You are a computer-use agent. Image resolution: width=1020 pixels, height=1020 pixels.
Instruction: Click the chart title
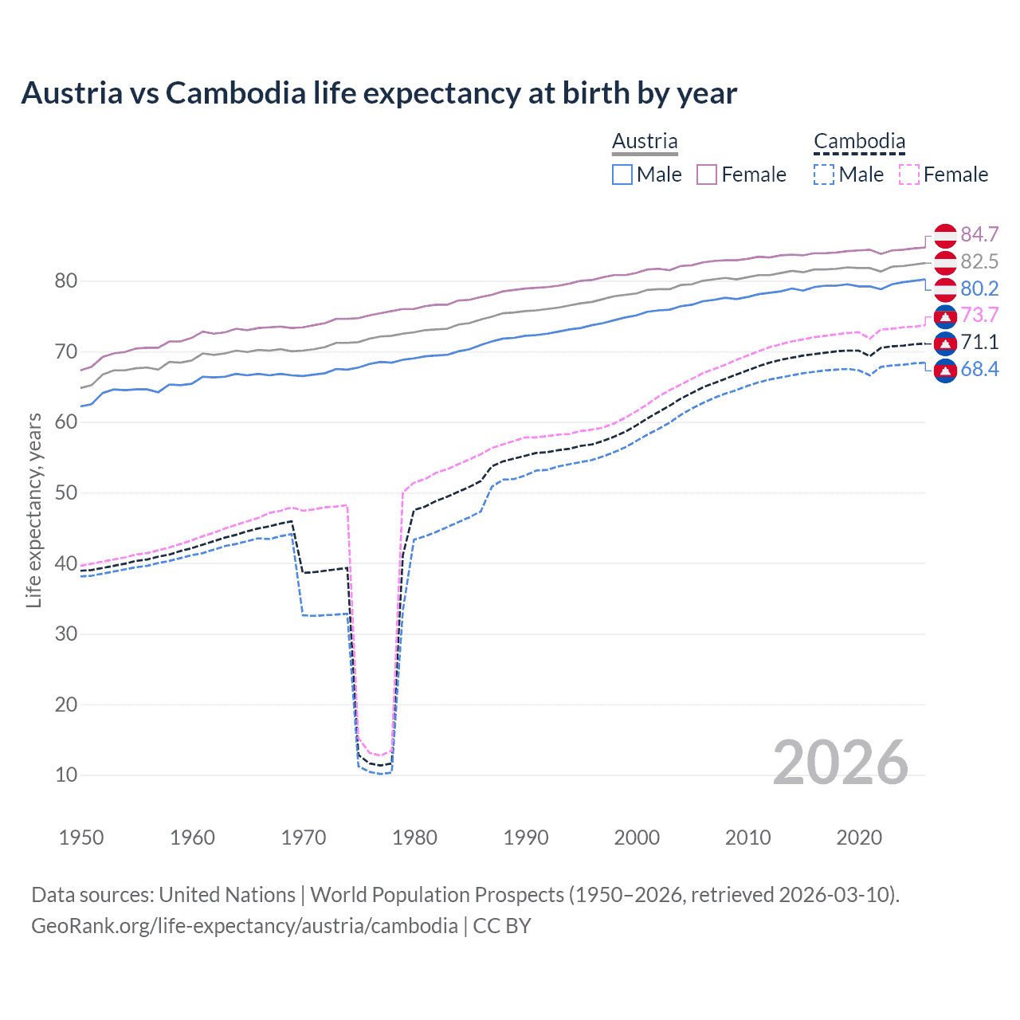(379, 93)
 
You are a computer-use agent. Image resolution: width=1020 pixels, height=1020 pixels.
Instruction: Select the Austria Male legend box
(622, 175)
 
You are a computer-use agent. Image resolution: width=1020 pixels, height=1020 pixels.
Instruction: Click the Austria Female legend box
(707, 175)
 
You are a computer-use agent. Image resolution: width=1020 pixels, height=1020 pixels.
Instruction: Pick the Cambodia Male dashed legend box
(824, 175)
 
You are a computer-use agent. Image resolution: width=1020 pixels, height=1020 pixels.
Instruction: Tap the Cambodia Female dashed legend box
(908, 175)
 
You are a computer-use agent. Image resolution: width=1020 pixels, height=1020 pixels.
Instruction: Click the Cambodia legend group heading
(859, 142)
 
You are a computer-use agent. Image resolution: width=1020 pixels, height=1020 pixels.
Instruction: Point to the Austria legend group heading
(645, 142)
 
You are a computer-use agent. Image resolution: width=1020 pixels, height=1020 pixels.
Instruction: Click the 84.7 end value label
(979, 234)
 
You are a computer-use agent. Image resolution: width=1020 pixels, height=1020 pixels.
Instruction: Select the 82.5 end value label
(979, 261)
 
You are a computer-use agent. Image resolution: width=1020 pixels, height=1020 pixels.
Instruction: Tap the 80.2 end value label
(979, 288)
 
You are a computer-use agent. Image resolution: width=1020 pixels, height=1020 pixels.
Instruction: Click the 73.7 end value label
(979, 315)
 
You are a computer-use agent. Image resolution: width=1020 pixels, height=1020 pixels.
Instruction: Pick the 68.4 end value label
(979, 369)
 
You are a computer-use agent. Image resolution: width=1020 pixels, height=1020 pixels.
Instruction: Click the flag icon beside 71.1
(945, 343)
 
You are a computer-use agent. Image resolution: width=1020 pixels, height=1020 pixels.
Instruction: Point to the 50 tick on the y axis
(66, 492)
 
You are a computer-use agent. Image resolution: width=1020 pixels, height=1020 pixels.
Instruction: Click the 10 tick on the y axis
(66, 775)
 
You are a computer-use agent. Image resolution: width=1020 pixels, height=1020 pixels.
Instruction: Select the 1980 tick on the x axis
(414, 838)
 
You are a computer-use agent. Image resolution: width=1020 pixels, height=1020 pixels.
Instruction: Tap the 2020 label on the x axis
(859, 838)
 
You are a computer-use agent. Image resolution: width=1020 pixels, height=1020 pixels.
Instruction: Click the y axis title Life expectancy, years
(33, 510)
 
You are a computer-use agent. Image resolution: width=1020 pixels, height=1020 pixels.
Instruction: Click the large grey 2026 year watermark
(841, 763)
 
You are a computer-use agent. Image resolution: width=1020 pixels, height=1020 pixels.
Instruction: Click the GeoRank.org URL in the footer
(244, 926)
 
